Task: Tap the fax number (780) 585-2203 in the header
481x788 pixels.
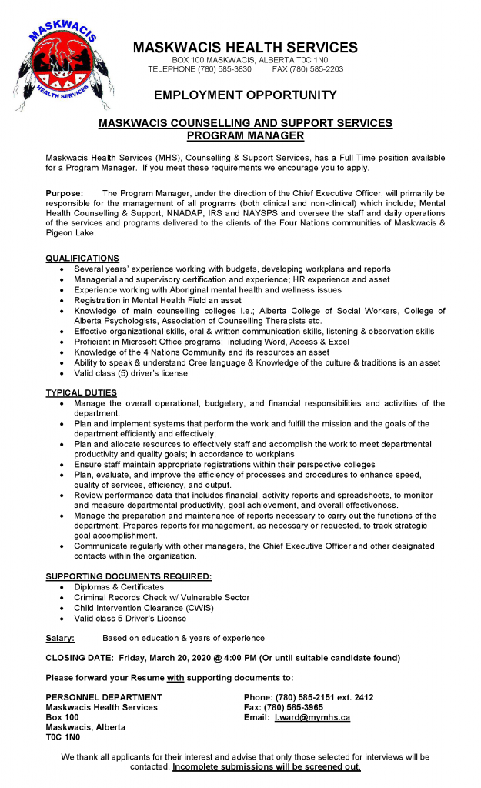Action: (x=316, y=69)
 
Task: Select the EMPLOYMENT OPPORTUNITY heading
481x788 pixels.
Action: (x=245, y=95)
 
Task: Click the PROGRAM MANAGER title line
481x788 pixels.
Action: (x=245, y=135)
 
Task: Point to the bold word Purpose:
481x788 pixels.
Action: (x=65, y=193)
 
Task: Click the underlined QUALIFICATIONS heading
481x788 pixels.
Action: (x=82, y=258)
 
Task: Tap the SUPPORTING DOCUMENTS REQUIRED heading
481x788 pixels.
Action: (x=129, y=576)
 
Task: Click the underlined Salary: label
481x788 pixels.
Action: (x=60, y=638)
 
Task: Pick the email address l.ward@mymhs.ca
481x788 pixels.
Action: (x=312, y=717)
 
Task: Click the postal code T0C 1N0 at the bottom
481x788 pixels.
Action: (x=62, y=737)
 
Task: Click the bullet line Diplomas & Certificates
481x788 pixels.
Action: (x=119, y=587)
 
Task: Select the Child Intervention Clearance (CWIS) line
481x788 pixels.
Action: (x=143, y=607)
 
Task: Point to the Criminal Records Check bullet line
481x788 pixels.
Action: (x=162, y=597)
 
